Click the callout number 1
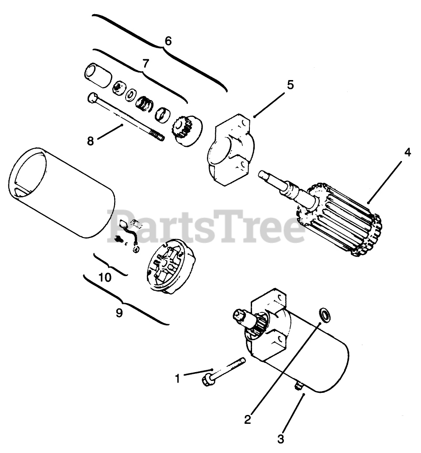coord(177,378)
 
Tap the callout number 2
coord(248,418)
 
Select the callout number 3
coord(280,440)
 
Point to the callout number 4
coord(407,153)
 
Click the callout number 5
coord(290,85)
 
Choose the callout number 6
coord(168,41)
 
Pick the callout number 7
coord(145,63)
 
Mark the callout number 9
coord(119,313)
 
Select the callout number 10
coord(105,277)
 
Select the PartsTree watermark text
coord(208,227)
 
